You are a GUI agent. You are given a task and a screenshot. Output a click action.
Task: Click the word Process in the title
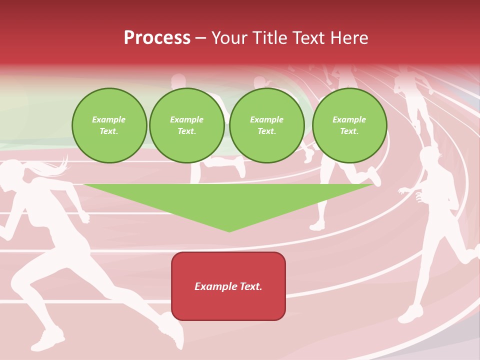click(x=157, y=38)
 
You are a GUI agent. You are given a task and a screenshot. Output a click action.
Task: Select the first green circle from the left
click(x=109, y=125)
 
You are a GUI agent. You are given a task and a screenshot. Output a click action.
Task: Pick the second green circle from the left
click(x=187, y=125)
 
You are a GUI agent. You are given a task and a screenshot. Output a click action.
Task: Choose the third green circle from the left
click(x=266, y=125)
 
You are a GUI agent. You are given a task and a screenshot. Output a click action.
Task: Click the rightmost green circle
click(x=349, y=125)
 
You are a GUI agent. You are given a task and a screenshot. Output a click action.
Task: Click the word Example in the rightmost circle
click(x=349, y=119)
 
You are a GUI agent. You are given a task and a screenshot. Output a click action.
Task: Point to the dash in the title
click(x=200, y=38)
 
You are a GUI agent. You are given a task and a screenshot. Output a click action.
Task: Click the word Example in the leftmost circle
click(x=109, y=119)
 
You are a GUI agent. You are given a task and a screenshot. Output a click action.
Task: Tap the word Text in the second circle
click(x=187, y=131)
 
